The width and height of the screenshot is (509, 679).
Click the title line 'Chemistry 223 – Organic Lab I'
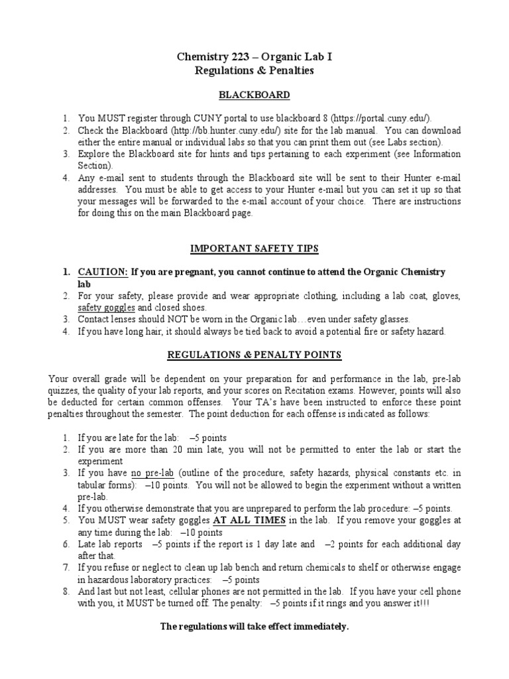pyautogui.click(x=254, y=58)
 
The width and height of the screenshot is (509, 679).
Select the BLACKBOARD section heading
pyautogui.click(x=254, y=95)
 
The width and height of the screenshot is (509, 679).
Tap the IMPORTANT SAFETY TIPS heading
pyautogui.click(x=254, y=249)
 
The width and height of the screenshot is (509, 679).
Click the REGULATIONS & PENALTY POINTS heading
pyautogui.click(x=254, y=355)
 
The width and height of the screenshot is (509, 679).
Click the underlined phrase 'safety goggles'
pyautogui.click(x=107, y=308)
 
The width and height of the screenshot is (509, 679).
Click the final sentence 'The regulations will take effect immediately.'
pyautogui.click(x=254, y=627)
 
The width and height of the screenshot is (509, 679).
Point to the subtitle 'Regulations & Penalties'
pyautogui.click(x=254, y=71)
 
